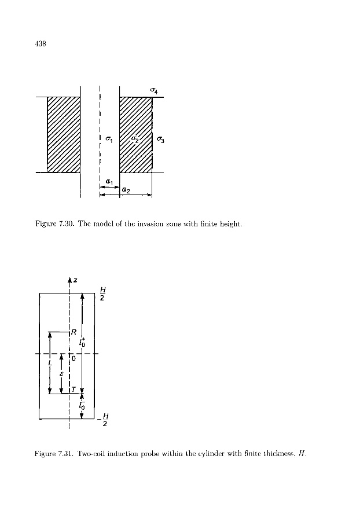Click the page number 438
tap(41, 43)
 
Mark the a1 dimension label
tap(109, 181)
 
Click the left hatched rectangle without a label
tap(63, 134)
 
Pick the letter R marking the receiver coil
tap(75, 332)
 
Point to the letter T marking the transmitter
tap(75, 390)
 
